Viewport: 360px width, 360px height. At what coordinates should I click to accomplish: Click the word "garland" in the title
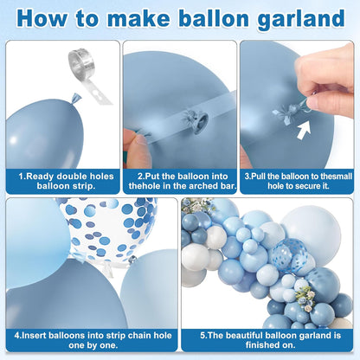pyautogui.click(x=301, y=19)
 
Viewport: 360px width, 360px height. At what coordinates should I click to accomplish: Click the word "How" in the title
pyautogui.click(x=42, y=17)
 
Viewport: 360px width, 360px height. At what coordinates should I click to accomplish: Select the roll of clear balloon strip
pyautogui.click(x=81, y=60)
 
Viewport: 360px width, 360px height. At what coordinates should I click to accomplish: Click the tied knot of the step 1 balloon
pyautogui.click(x=76, y=98)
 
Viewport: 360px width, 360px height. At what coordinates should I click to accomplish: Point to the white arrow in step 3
pyautogui.click(x=304, y=130)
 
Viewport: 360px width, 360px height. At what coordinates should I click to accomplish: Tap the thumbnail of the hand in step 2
pyautogui.click(x=141, y=141)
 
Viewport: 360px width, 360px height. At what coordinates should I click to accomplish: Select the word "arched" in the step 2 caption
pyautogui.click(x=204, y=186)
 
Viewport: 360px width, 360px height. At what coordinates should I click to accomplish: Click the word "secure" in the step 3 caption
pyautogui.click(x=299, y=186)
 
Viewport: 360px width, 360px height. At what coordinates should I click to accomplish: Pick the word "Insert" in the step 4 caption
pyautogui.click(x=34, y=336)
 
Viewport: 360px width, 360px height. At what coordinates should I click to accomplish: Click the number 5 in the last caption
pyautogui.click(x=202, y=336)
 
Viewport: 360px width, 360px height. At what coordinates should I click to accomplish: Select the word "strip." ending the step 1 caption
pyautogui.click(x=82, y=186)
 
